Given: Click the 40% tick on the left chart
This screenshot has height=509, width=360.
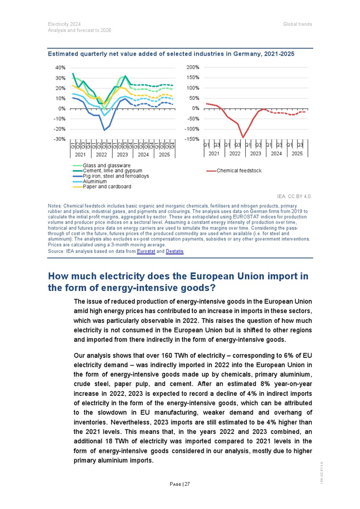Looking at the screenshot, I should click(60, 68).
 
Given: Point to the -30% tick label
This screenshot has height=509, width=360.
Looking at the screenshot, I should click(60, 139).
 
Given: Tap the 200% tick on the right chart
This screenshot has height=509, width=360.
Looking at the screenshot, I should click(192, 68).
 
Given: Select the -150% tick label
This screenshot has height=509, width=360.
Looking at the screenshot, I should click(191, 139).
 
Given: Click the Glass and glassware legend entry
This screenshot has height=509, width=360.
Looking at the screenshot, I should click(106, 166).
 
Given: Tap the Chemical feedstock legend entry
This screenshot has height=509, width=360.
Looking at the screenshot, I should click(239, 171).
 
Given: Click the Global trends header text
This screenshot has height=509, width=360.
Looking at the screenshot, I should click(297, 24).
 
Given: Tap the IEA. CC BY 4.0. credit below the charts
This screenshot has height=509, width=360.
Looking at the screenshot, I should click(294, 196).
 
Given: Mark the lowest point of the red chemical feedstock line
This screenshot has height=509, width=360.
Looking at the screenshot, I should click(243, 137).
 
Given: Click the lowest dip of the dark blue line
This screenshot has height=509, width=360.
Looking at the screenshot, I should click(104, 130).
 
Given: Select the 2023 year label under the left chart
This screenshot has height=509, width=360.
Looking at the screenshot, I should click(122, 154).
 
